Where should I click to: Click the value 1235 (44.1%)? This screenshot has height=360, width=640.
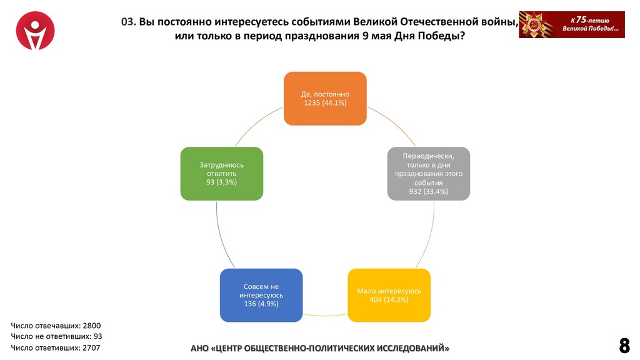325,102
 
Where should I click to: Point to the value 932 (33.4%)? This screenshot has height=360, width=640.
428,191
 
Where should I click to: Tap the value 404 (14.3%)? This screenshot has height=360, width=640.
389,300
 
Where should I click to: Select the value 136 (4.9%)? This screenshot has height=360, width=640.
261,304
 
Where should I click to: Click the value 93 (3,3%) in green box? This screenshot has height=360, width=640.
221,181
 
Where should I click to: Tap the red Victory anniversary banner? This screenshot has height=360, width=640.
571,25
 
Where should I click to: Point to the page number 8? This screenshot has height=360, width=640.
624,345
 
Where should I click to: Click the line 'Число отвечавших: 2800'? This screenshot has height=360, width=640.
56,326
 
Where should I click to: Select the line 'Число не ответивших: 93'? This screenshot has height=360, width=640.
56,336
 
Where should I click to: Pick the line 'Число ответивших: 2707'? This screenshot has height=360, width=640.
55,347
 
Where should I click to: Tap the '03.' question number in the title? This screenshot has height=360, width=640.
129,22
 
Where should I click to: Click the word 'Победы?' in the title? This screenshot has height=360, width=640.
444,36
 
